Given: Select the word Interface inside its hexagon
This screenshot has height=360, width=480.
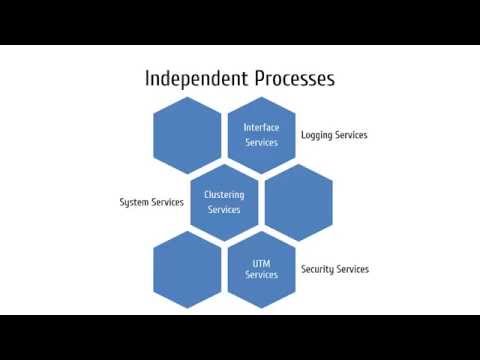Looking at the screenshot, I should pos(261,127).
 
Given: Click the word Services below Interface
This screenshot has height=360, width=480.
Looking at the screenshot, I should pos(261,143).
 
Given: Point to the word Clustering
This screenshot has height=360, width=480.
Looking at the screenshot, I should pos(224,194).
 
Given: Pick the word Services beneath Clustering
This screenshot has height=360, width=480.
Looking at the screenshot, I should pos(224,210).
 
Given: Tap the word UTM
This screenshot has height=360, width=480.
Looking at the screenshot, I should pos(261,263).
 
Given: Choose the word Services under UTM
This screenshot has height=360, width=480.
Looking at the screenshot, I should pos(261,275).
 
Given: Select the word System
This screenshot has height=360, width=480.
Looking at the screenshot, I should pos(134,202).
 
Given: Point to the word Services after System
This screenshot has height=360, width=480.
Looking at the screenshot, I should pos(167,202).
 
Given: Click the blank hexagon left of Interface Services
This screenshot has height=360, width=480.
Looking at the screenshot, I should pos(187,134).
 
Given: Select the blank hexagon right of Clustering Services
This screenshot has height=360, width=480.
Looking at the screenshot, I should pos(298,201).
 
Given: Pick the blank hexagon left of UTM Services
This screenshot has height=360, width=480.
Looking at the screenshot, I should pos(187,269).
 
